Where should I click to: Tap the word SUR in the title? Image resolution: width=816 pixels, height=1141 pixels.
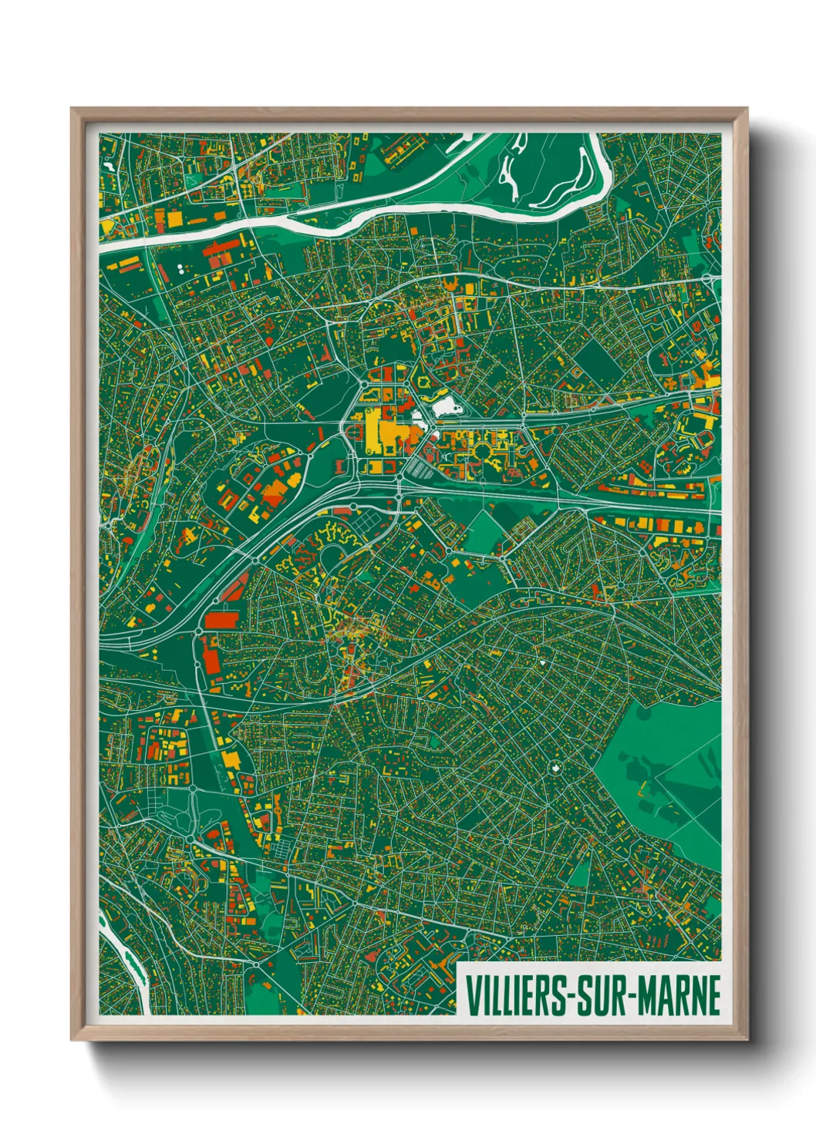click(601, 995)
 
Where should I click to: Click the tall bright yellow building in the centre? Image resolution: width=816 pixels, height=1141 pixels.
click(373, 432)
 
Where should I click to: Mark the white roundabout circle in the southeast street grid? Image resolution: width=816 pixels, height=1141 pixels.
click(555, 768)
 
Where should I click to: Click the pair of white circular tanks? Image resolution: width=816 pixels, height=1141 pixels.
click(180, 268)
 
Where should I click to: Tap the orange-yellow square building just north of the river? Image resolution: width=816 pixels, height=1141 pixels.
click(175, 220)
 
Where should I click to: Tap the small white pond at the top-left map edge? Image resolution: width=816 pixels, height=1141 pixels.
click(107, 164)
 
